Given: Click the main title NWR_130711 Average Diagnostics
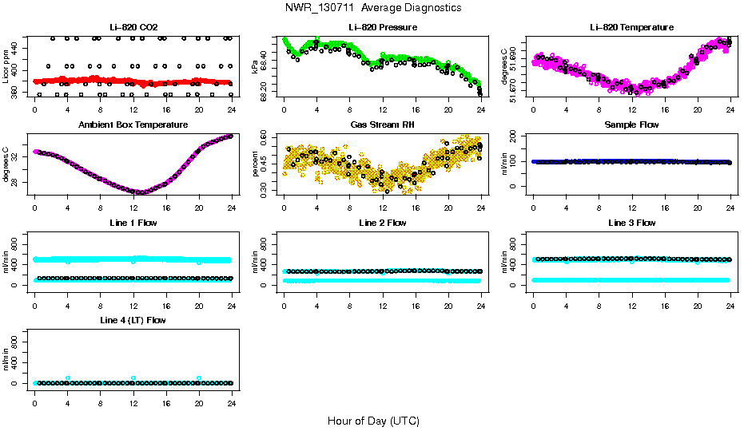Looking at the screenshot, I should [x=373, y=8].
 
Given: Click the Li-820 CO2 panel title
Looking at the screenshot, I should [x=133, y=28].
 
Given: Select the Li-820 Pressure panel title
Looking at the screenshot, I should [x=382, y=28].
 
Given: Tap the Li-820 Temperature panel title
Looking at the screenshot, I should [x=631, y=28].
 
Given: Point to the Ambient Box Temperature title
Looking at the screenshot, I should [x=133, y=125].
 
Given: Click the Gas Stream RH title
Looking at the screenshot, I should [x=382, y=125].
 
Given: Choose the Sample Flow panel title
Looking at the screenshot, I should [x=631, y=125].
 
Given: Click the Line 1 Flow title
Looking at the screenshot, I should [x=133, y=223].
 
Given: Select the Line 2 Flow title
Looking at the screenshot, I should [x=382, y=223].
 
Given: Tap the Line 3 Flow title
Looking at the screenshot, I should [x=631, y=223].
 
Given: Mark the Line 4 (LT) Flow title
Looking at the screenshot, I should [x=133, y=320].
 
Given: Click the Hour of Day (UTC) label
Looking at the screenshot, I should [x=373, y=421].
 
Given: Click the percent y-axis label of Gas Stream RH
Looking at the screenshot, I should [x=255, y=164].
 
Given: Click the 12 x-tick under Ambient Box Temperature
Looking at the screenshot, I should [x=133, y=201].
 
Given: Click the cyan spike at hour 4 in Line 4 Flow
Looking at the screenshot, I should [x=68, y=378].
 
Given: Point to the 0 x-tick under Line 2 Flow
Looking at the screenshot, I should [x=284, y=299].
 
